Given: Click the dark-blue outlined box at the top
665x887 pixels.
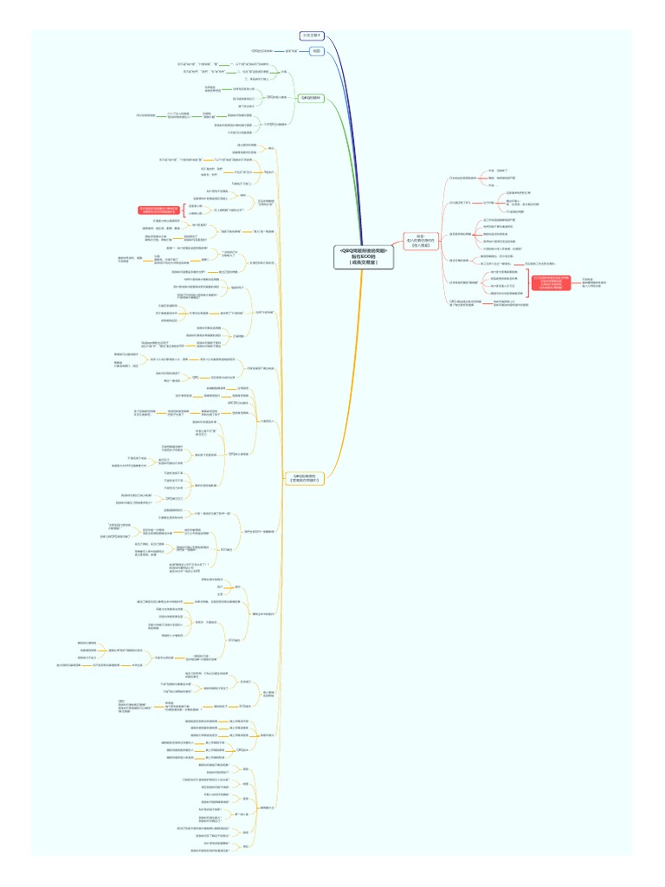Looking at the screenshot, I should pyautogui.click(x=312, y=36).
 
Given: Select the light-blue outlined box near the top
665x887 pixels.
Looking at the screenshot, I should pyautogui.click(x=317, y=51).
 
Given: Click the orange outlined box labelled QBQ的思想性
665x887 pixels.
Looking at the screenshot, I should pyautogui.click(x=305, y=477).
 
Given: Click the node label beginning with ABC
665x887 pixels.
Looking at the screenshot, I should pyautogui.click(x=237, y=404).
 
